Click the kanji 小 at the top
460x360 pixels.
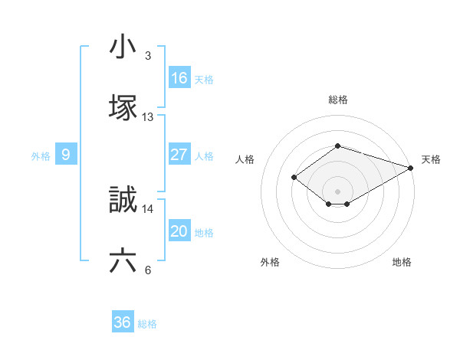[123, 47]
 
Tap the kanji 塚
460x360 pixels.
[123, 106]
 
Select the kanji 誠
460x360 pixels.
[123, 201]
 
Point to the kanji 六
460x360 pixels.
[123, 261]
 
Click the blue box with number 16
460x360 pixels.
[179, 78]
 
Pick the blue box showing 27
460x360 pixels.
[179, 155]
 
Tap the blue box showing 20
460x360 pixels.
[179, 231]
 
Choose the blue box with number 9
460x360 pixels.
[66, 155]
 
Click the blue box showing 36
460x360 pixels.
[123, 322]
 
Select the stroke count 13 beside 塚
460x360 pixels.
[148, 117]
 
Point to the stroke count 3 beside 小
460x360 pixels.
[148, 56]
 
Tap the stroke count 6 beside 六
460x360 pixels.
[148, 270]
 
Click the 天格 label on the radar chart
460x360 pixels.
[431, 159]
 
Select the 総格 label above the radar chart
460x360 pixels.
[337, 100]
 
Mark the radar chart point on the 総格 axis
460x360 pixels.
[337, 146]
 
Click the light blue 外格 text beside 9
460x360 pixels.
[41, 155]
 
